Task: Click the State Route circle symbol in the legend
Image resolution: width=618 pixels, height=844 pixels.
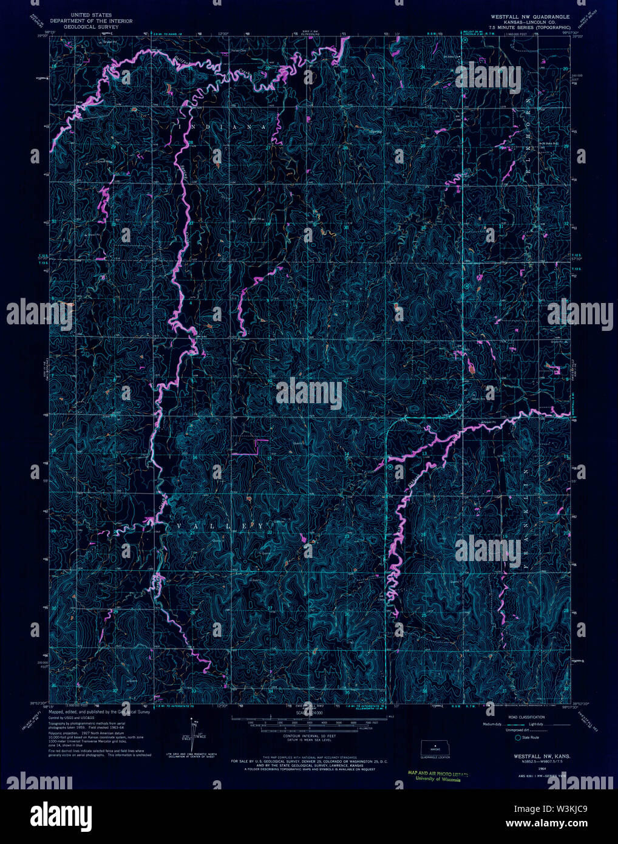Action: click(517, 738)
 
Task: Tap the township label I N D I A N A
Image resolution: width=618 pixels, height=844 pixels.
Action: click(222, 126)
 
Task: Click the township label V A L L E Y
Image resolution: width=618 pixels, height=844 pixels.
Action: click(219, 525)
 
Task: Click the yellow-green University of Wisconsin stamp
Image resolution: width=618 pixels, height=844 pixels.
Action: click(434, 778)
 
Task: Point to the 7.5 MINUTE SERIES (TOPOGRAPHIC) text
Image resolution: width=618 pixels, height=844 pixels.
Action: click(528, 28)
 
